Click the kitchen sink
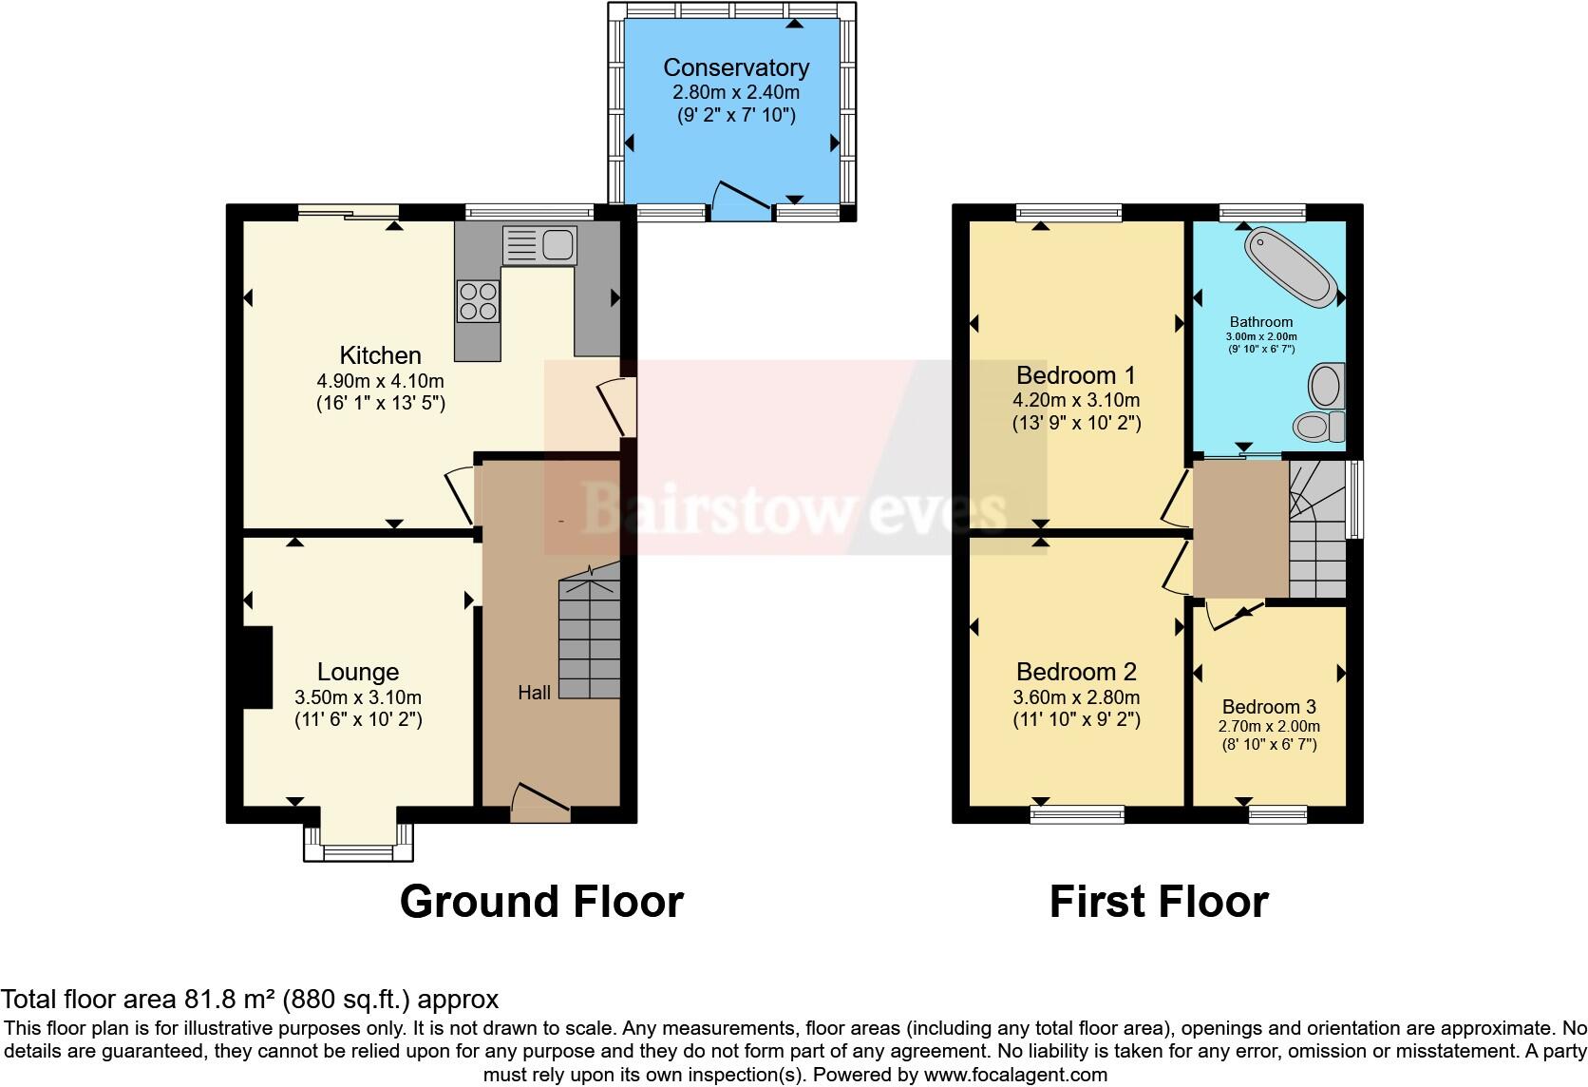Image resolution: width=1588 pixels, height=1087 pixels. (x=539, y=246)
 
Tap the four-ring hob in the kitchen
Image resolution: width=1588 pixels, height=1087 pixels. (x=478, y=301)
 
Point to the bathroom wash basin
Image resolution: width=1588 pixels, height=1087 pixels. (x=1325, y=385)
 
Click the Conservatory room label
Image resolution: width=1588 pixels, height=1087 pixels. (x=736, y=67)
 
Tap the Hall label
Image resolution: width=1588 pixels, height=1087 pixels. (x=534, y=693)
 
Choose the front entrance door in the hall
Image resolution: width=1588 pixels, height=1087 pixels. (x=540, y=804)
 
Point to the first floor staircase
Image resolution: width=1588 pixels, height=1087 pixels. (x=1318, y=532)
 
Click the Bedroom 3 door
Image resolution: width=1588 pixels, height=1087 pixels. (x=1235, y=617)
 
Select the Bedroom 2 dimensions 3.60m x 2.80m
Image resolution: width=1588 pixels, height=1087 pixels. (x=1076, y=696)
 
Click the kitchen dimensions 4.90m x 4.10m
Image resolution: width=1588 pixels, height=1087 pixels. (x=380, y=381)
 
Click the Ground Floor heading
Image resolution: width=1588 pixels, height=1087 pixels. (x=541, y=902)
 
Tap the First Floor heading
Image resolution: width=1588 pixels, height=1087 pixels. (x=1158, y=902)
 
